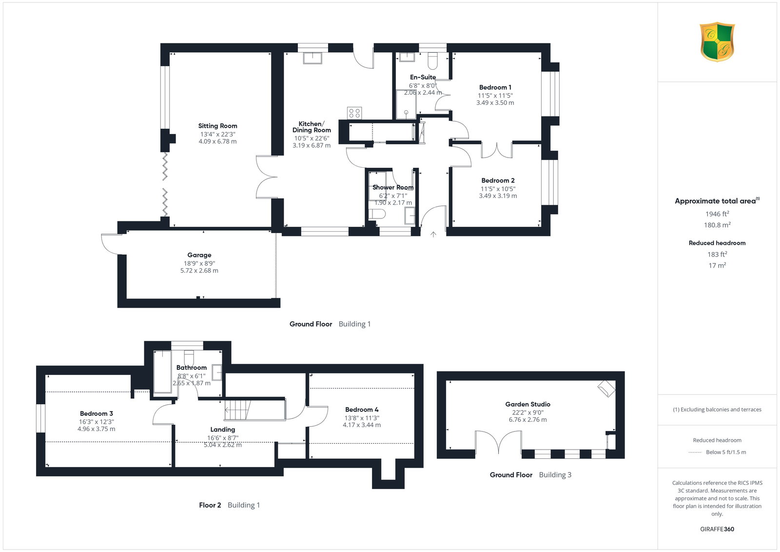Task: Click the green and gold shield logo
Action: point(717,42)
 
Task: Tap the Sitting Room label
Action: point(217,126)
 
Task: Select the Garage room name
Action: point(199,255)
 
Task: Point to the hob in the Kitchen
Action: point(354,113)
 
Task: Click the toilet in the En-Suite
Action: point(432,61)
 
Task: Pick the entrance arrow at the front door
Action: point(433,235)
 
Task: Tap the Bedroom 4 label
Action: point(362,410)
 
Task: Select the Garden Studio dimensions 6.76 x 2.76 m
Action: point(527,420)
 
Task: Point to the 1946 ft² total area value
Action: point(717,214)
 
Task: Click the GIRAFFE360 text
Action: point(717,529)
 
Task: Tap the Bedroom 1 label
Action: point(495,87)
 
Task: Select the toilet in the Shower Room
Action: point(377,214)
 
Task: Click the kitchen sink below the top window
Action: point(312,58)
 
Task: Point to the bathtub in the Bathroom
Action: point(163,372)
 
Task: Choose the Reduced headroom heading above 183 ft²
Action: point(717,243)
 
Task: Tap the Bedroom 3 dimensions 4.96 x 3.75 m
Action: point(96,429)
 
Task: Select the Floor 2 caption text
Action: point(210,505)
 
